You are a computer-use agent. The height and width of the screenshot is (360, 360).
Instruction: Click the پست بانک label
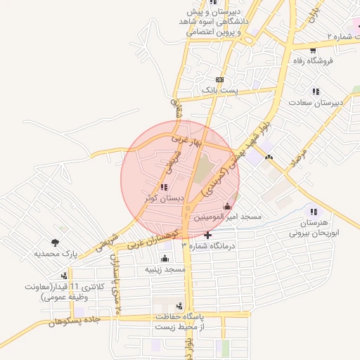pos(221,91)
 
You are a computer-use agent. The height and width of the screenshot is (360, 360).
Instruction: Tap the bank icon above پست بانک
pos(221,79)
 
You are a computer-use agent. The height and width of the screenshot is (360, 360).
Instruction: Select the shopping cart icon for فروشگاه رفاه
pos(313,50)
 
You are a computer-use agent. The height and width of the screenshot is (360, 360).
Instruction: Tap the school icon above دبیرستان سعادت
pos(316,91)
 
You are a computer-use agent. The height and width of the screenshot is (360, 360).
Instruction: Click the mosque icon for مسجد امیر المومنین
pos(226,207)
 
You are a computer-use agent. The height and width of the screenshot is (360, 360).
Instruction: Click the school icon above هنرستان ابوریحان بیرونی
pos(314,212)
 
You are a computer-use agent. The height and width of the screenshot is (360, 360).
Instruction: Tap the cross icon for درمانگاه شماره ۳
pos(207,234)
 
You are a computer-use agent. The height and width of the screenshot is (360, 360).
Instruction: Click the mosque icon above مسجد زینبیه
pos(165,258)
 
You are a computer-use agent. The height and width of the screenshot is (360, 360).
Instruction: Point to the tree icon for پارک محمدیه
pos(54,242)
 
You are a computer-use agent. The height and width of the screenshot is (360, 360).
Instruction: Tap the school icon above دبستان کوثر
pos(164,187)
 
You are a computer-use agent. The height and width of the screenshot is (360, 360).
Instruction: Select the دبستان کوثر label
pos(164,198)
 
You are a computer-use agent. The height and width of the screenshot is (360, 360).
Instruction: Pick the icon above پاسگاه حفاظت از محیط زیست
pos(179,307)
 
